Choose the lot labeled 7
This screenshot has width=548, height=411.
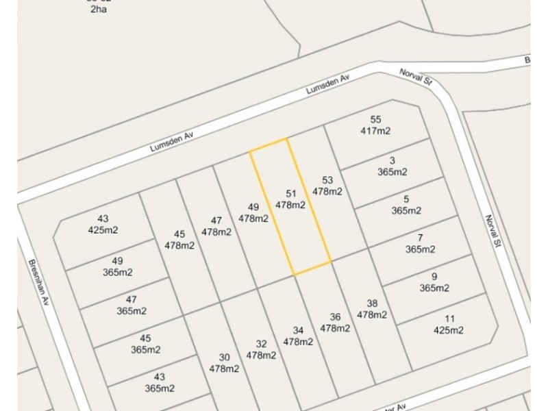click(x=419, y=244)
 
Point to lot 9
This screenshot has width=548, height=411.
click(x=434, y=282)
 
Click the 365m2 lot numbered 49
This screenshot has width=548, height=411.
click(x=117, y=267)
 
